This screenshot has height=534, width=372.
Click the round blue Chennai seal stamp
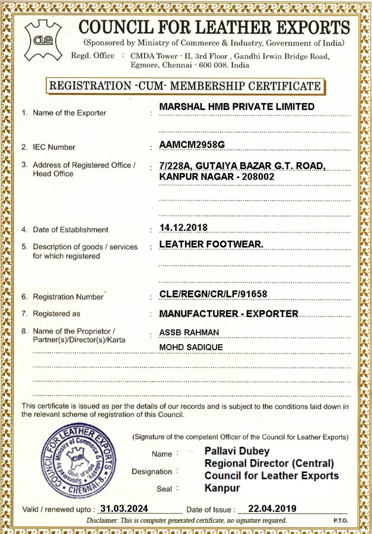[x=78, y=461]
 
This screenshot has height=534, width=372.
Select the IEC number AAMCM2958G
[x=192, y=144]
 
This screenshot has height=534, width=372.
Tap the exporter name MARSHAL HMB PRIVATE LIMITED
[x=237, y=107]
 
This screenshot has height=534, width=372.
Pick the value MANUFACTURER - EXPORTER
[x=228, y=313]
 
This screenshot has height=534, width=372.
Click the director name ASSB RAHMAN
[x=189, y=332]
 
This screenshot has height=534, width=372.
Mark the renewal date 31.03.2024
[x=123, y=508]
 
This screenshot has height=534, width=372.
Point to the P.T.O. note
[x=341, y=520]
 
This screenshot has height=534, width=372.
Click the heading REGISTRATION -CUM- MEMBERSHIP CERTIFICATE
[x=185, y=86]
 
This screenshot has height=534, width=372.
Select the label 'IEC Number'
[x=54, y=147]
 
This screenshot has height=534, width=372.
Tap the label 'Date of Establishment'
[x=70, y=230]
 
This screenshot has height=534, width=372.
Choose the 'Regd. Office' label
[x=93, y=56]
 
